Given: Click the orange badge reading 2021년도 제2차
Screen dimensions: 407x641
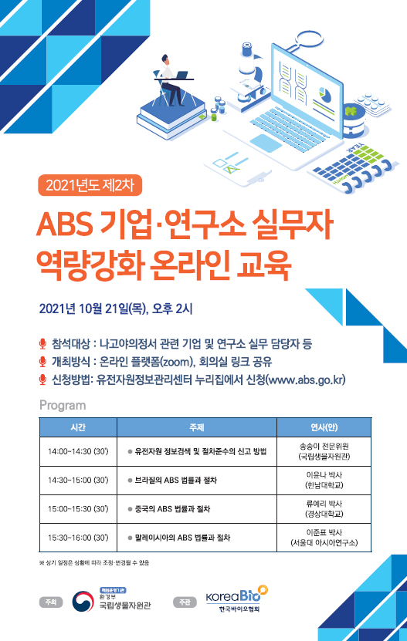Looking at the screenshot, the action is [90, 185].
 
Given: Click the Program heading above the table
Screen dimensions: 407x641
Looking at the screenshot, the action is [63, 405].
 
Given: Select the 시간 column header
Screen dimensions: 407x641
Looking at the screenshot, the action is [78, 427].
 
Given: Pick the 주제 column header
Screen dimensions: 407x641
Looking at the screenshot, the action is [197, 427].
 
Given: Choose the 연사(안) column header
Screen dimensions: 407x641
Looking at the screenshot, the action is [324, 427].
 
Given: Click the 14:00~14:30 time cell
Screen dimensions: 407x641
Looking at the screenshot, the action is [78, 452].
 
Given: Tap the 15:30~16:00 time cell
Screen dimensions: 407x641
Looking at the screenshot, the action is [78, 538].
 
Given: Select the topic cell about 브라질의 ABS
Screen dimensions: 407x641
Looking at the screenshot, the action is [197, 481].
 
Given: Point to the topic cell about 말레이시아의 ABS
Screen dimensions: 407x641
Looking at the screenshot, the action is [197, 538].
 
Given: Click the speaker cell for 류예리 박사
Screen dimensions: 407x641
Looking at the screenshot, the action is [324, 509].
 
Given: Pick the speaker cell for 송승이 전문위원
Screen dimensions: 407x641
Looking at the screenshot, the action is [324, 452].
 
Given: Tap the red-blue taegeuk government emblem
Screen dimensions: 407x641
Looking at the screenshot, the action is [83, 602].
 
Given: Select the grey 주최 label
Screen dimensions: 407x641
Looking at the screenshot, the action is [51, 602].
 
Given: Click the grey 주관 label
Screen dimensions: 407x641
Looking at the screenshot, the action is [185, 602].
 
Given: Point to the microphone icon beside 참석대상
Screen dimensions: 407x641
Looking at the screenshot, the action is [42, 344].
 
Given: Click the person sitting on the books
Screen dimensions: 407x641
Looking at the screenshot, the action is [172, 79].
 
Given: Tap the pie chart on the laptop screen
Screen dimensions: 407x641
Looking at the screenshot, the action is [325, 94].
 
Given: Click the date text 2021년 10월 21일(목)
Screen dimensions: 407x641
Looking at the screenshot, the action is [93, 309].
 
